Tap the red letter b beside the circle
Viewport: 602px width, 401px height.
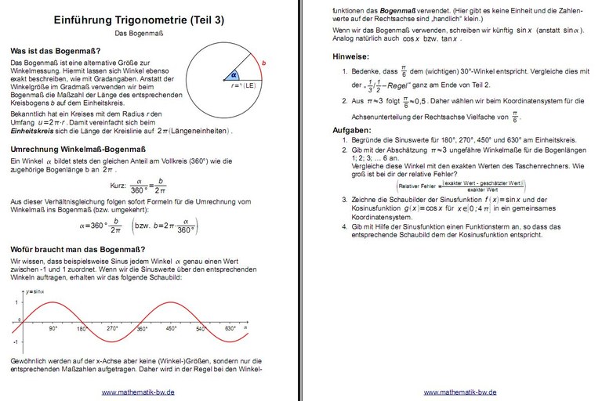[x=263, y=63]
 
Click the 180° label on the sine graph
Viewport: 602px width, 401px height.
[x=83, y=329]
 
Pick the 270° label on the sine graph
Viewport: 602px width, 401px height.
[x=112, y=329]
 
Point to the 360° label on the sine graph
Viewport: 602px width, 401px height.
[x=142, y=329]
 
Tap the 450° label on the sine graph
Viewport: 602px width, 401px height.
[x=171, y=329]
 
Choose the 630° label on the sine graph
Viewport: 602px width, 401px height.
[x=230, y=329]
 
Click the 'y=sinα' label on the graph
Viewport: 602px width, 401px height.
[x=36, y=291]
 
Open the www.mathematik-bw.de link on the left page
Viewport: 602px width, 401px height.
[x=138, y=392]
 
